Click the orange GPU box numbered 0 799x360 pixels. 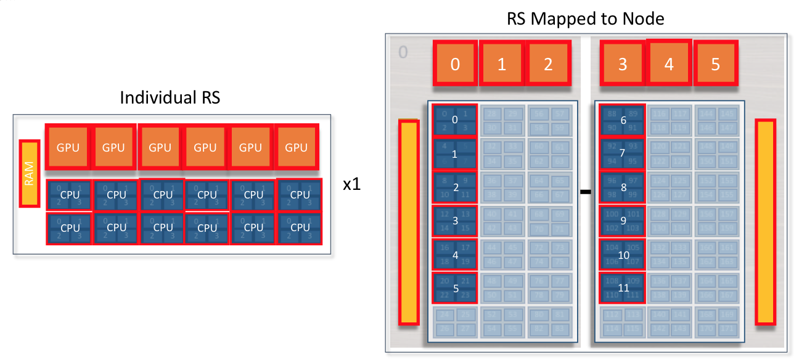click(x=455, y=63)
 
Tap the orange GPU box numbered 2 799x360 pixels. click(x=548, y=63)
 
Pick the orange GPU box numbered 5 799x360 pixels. click(x=715, y=63)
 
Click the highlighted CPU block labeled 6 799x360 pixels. click(x=623, y=121)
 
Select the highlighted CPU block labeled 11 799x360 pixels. click(x=623, y=287)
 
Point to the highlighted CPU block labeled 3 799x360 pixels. click(x=455, y=221)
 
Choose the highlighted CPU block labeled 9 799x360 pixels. click(x=623, y=221)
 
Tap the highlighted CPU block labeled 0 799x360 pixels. click(x=455, y=121)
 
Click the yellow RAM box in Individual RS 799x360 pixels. click(x=29, y=174)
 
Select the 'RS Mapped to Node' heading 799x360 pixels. click(x=585, y=18)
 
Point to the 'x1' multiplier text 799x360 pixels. click(x=351, y=185)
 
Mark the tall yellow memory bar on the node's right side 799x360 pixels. click(x=765, y=222)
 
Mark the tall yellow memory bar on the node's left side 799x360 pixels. click(x=409, y=222)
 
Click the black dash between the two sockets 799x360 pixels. click(x=586, y=192)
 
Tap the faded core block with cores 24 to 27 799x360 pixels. click(x=455, y=321)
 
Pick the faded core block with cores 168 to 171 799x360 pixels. click(x=715, y=321)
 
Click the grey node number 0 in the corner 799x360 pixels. click(x=403, y=52)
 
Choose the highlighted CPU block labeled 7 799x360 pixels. click(x=623, y=154)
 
